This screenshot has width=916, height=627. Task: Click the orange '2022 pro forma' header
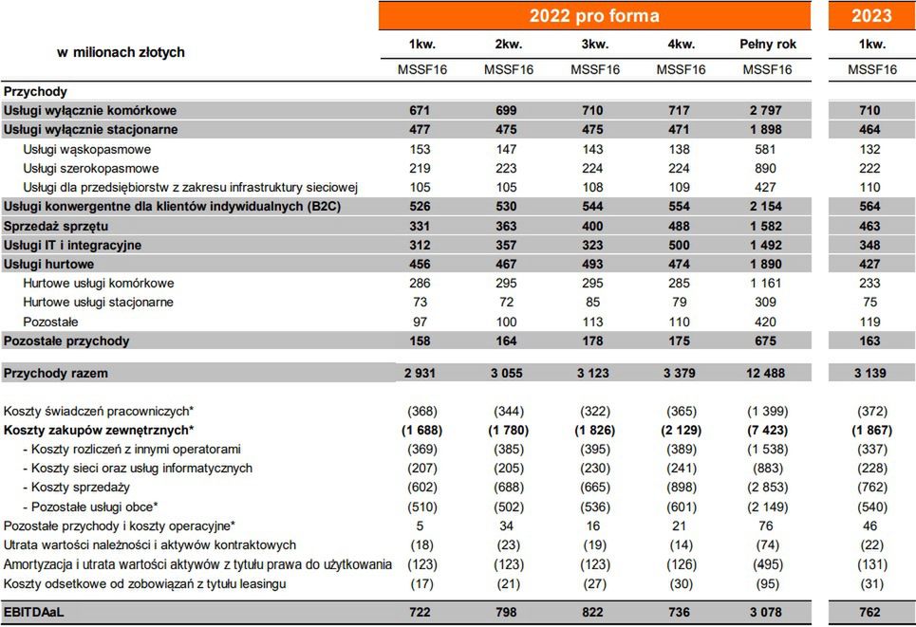(x=594, y=16)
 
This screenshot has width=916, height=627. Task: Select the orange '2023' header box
(x=871, y=16)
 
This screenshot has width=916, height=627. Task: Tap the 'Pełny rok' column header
(x=767, y=45)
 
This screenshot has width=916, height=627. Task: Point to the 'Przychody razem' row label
(x=56, y=374)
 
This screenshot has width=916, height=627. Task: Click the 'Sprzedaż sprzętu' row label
(x=56, y=226)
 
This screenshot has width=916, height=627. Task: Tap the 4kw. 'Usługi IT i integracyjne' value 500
(x=681, y=245)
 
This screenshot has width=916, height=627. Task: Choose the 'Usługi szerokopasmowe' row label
(x=91, y=168)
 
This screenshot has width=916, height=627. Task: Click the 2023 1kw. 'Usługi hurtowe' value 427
(x=869, y=264)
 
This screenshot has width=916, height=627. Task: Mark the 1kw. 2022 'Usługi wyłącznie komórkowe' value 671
(x=420, y=111)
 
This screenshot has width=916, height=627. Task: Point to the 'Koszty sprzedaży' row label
(x=81, y=488)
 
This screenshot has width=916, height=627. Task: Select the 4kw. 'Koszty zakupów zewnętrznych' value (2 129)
(x=681, y=431)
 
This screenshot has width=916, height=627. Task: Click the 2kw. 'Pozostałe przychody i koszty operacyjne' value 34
(x=507, y=526)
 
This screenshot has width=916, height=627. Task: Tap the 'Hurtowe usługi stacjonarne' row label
(x=99, y=303)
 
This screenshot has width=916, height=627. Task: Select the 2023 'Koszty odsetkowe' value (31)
(x=869, y=583)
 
